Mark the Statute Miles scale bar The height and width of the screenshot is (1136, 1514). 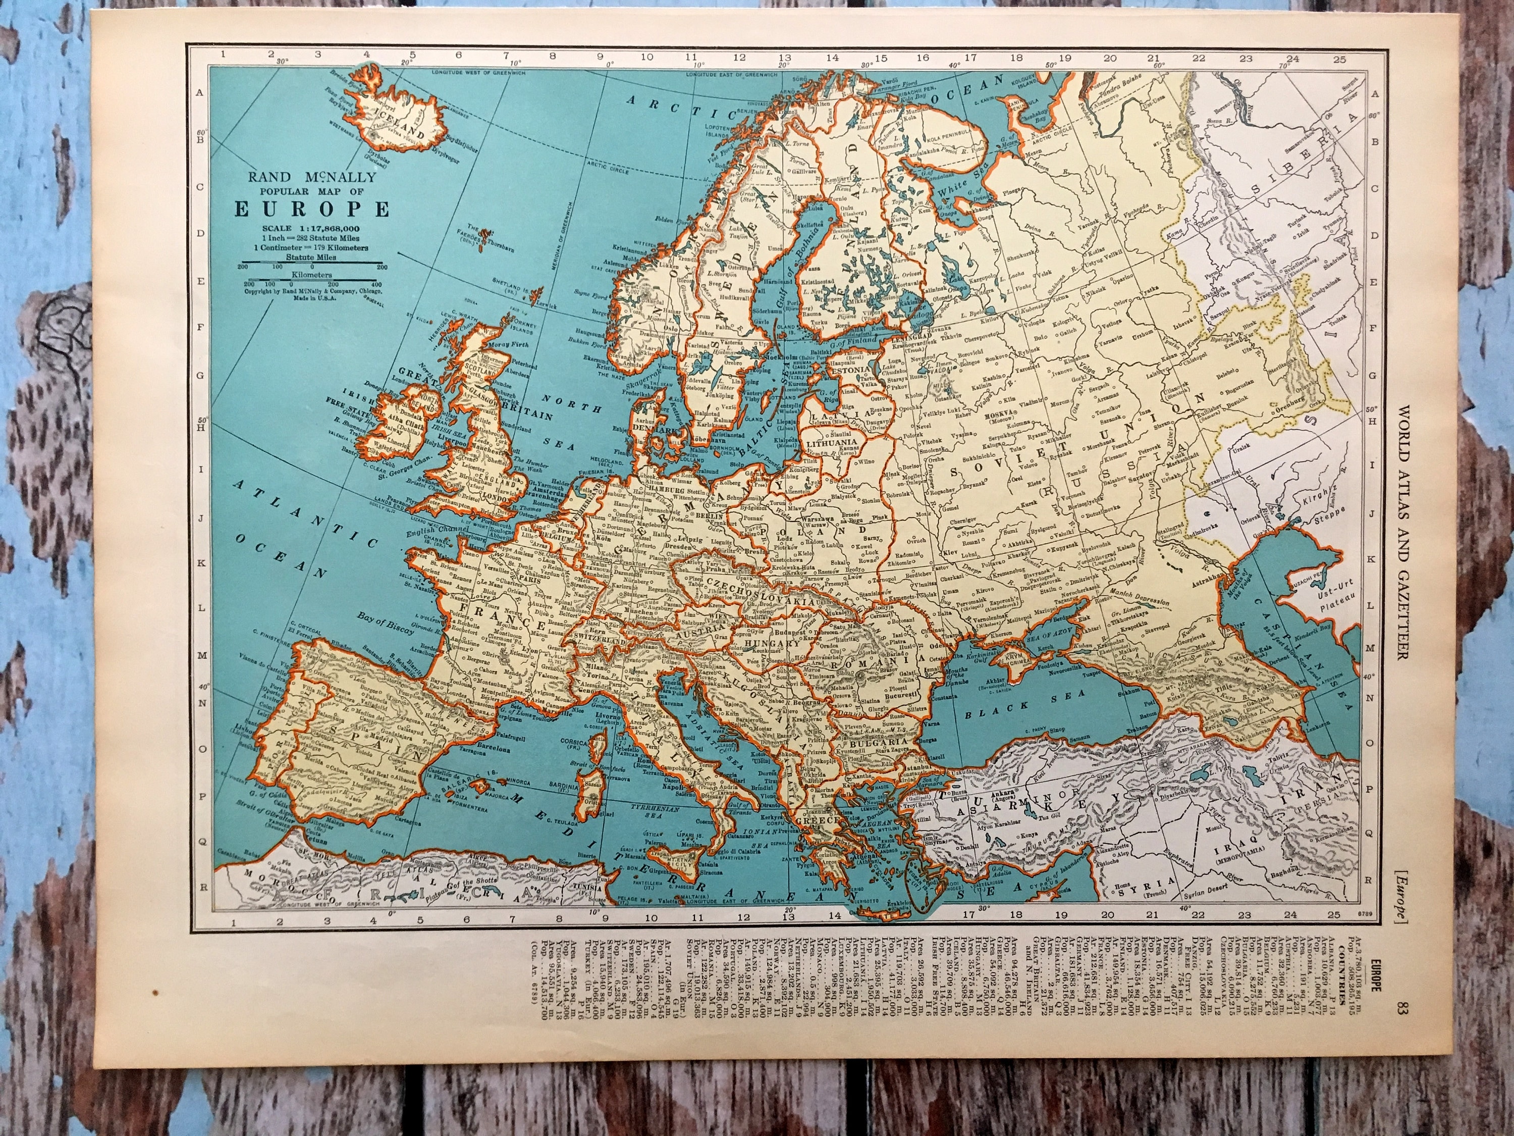coord(312,264)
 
